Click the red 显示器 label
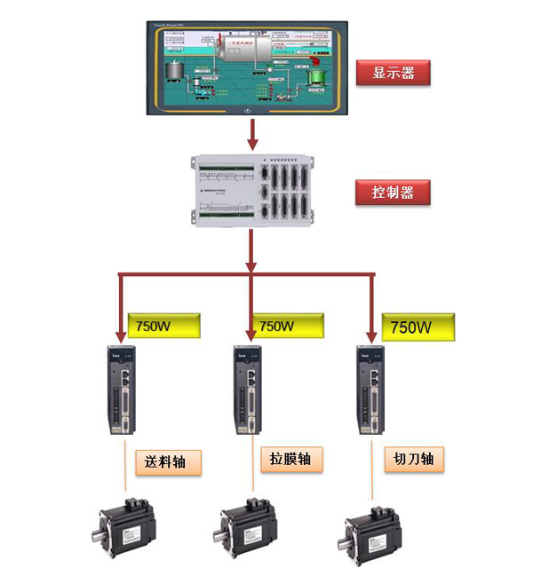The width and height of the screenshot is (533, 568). tap(394, 72)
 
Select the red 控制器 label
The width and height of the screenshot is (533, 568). tap(394, 192)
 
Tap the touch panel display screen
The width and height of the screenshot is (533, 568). tap(248, 67)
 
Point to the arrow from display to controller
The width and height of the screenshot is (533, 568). tap(252, 133)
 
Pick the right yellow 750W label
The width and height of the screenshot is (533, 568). tap(418, 327)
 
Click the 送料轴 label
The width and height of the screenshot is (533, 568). tap(169, 461)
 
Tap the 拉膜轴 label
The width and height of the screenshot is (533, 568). tap(290, 459)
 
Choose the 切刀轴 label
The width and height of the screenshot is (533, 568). tap(414, 459)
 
